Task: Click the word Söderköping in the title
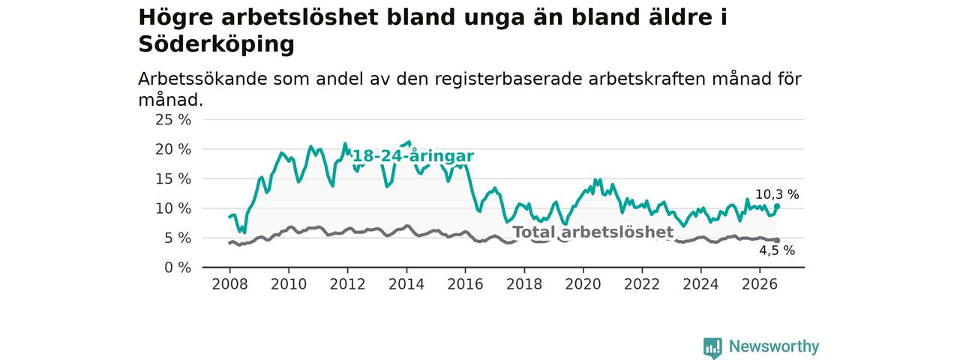click(217, 44)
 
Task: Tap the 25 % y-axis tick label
click(173, 120)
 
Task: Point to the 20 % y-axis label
click(173, 149)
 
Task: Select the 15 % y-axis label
click(173, 179)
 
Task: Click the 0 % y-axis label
click(178, 268)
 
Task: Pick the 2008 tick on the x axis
click(229, 284)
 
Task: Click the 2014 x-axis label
click(406, 284)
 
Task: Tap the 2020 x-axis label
click(583, 284)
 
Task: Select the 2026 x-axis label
click(760, 284)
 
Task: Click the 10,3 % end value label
click(777, 194)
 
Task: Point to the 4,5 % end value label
click(777, 250)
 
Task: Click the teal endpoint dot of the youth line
click(777, 206)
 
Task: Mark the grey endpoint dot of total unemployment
click(777, 241)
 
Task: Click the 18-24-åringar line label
click(413, 156)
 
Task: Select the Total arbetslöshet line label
click(593, 232)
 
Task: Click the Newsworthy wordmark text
click(774, 346)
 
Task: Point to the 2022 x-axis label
click(641, 284)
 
